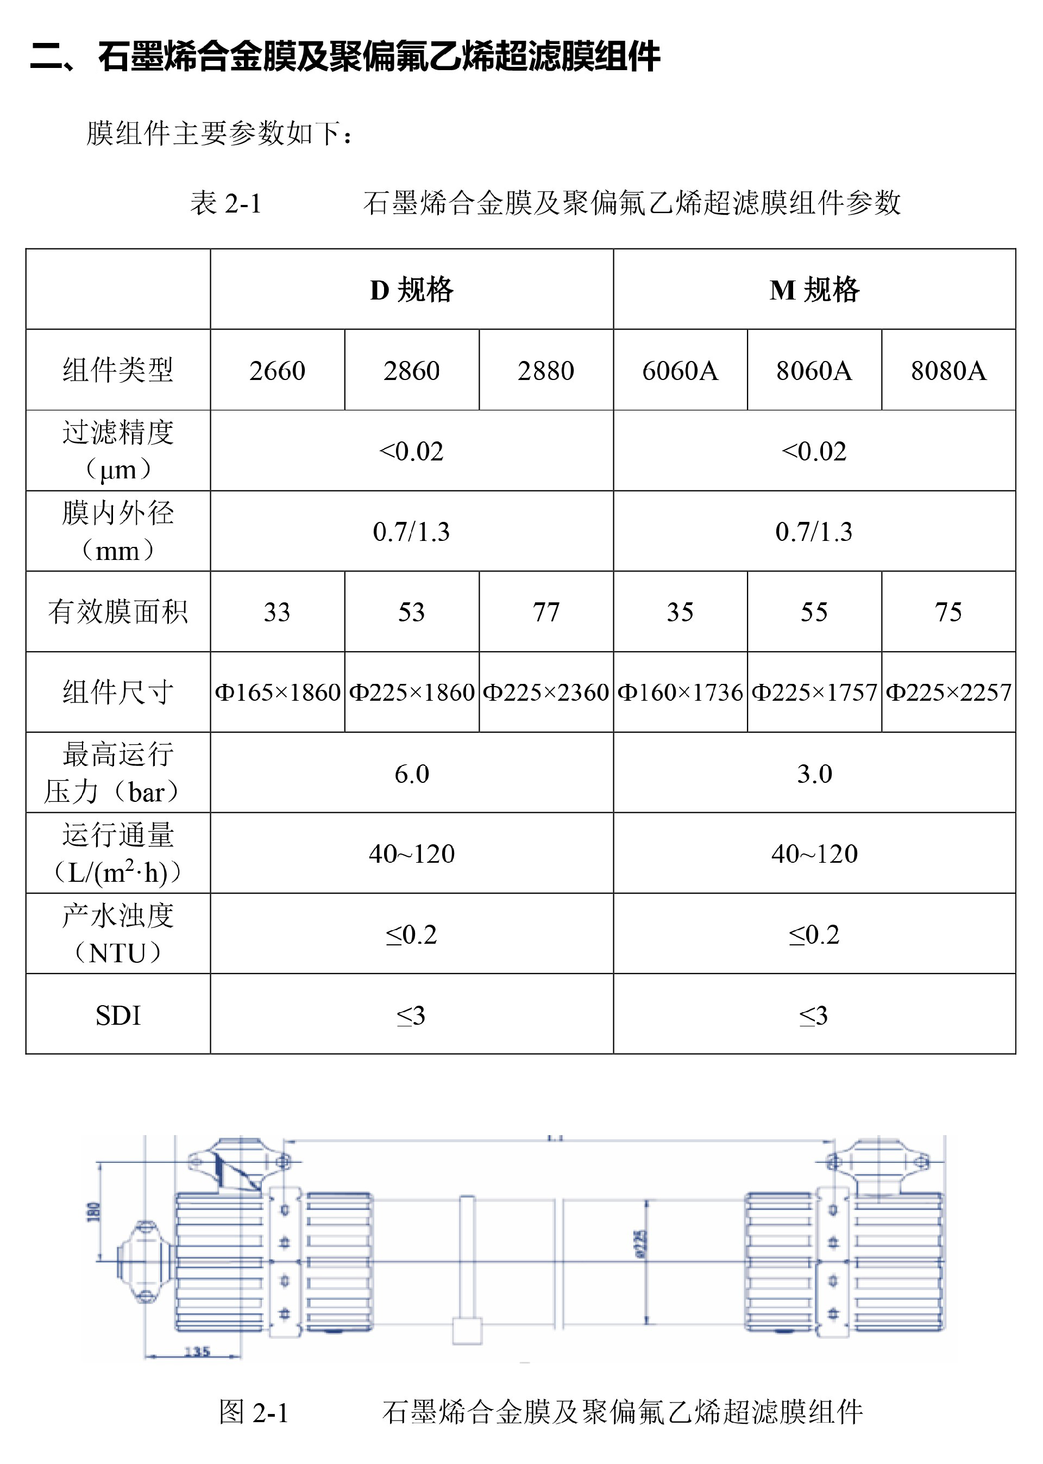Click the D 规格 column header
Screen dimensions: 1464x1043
412,290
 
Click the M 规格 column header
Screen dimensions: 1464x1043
814,290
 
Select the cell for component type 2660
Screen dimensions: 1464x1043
278,371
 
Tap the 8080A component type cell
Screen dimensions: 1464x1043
948,371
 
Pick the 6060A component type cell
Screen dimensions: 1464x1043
680,371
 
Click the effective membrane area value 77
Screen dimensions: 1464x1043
546,612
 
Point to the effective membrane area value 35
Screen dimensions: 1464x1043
680,612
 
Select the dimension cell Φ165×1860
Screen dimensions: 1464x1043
278,692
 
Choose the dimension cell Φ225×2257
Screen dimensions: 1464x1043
948,692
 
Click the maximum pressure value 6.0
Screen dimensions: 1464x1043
412,773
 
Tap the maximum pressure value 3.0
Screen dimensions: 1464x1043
814,773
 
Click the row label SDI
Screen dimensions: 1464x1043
118,1016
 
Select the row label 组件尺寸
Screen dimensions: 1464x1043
118,692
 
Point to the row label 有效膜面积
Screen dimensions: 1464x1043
118,612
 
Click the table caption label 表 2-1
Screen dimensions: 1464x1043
225,204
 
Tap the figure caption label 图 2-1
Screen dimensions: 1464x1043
254,1412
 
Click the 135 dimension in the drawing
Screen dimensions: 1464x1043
197,1351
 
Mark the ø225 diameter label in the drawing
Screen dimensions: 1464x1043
640,1244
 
